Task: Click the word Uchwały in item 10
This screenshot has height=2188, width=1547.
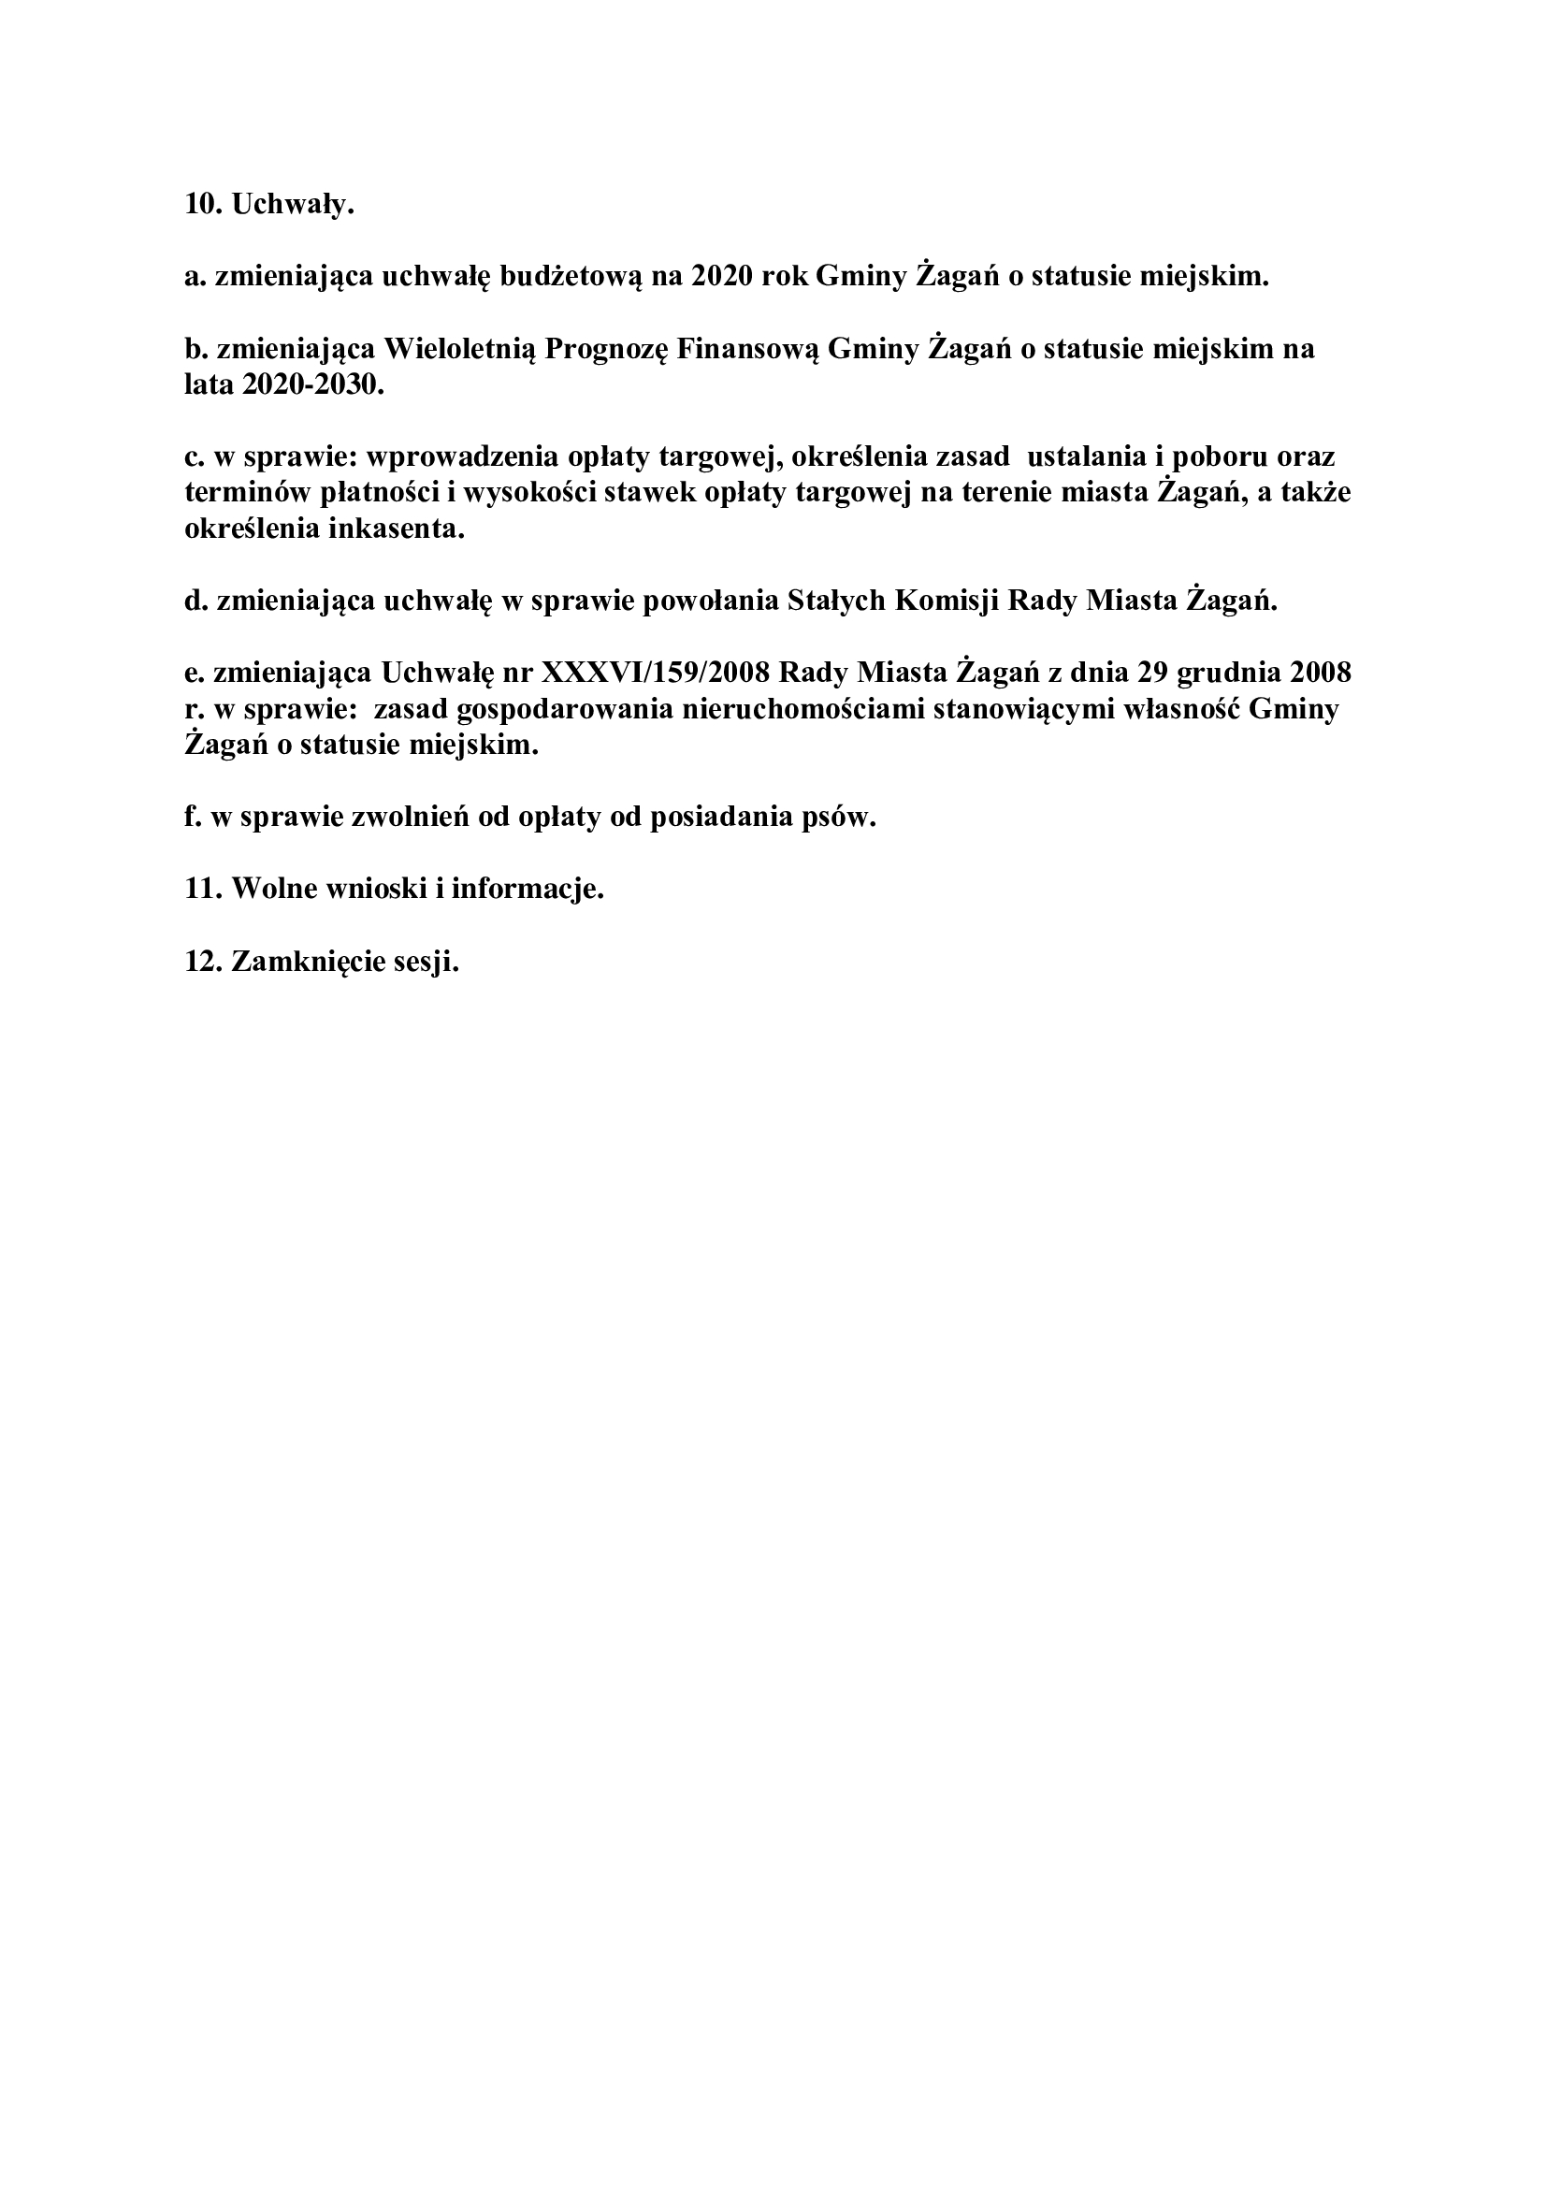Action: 292,205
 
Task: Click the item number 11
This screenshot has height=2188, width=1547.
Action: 203,889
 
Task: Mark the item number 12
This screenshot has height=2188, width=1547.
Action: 203,962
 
